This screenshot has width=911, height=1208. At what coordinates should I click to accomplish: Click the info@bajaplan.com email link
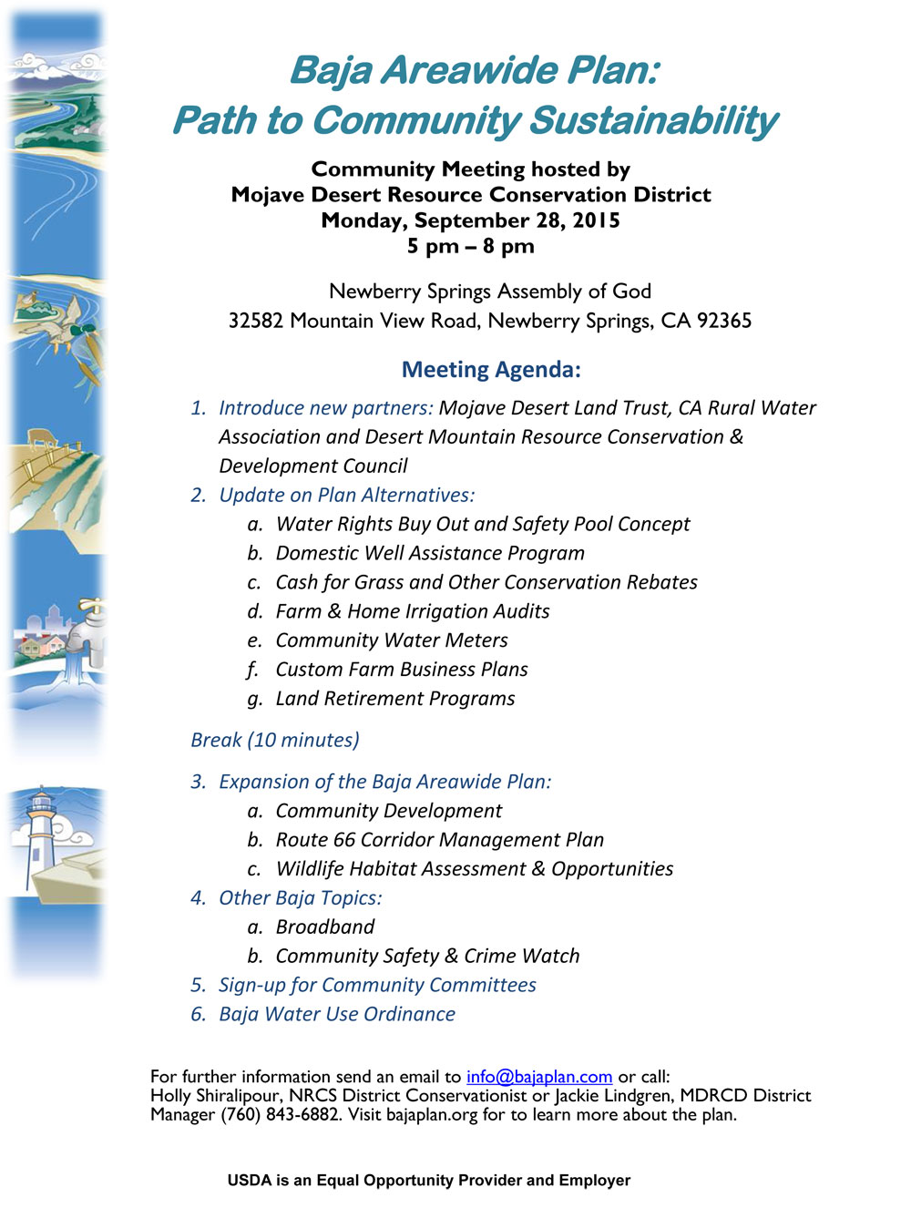tap(538, 1077)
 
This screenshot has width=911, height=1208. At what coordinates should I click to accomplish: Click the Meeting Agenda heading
tap(491, 370)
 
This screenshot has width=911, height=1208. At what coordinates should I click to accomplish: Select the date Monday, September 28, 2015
tap(470, 220)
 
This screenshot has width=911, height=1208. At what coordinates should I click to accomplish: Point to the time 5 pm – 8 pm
tap(470, 246)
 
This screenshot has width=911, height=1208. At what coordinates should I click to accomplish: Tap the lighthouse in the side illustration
tap(42, 834)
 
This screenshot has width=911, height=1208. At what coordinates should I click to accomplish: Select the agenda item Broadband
tap(324, 927)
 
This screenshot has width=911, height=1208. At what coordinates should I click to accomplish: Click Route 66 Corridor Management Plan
tap(439, 840)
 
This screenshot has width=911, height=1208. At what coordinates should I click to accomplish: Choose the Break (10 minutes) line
tap(274, 740)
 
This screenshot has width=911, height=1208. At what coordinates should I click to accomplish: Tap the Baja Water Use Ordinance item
tap(336, 1015)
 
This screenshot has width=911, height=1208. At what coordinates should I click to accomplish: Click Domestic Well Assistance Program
tap(430, 554)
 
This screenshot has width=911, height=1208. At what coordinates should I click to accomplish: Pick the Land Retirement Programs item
tap(394, 699)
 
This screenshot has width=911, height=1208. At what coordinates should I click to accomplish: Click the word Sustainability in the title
tap(653, 121)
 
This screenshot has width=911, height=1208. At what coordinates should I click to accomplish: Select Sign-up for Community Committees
tap(376, 986)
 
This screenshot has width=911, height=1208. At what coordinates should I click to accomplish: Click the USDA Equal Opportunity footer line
tap(428, 1181)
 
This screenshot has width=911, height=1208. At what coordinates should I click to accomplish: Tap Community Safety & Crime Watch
tap(427, 957)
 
